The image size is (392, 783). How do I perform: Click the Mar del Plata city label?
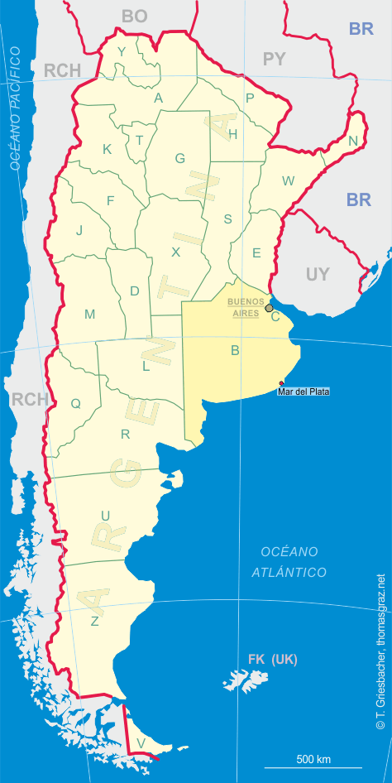coord(304,391)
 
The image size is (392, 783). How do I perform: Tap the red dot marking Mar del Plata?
coord(281,382)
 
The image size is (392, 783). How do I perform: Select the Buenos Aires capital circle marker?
coord(269,308)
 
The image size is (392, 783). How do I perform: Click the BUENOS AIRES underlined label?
coord(246,307)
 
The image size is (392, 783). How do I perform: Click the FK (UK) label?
coord(272,660)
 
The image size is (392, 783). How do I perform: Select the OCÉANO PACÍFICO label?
coord(17,108)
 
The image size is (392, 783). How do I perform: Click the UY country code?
coord(318,275)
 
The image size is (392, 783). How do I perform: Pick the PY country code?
coord(273,59)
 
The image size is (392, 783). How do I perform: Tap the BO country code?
coord(134,16)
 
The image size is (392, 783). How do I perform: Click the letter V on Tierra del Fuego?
coord(141,742)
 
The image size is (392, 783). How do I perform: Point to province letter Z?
coord(95,620)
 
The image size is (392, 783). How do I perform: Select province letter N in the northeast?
coord(353,141)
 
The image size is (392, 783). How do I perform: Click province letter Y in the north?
coord(122,52)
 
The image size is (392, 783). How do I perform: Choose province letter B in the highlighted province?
coord(235,350)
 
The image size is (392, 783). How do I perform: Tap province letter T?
coord(139,139)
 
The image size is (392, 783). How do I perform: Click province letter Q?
coord(75,403)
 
